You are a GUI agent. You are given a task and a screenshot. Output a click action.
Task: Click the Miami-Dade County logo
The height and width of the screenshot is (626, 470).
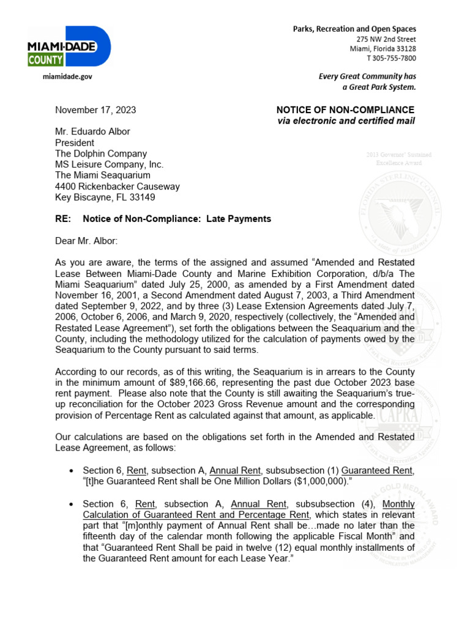click(69, 46)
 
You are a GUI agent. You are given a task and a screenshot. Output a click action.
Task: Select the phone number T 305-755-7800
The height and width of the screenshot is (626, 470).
click(391, 59)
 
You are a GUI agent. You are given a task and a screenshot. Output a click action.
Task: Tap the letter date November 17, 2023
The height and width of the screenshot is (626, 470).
click(95, 111)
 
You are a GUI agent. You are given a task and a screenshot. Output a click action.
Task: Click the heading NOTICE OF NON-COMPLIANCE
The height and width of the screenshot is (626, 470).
click(345, 110)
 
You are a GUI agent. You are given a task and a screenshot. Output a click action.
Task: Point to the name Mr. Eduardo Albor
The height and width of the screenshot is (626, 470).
click(92, 132)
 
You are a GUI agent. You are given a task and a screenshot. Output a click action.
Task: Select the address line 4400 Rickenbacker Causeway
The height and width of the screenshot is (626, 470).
click(117, 187)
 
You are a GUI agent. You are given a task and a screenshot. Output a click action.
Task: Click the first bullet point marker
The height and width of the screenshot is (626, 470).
click(72, 471)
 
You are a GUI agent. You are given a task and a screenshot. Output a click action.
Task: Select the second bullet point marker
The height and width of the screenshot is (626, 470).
click(72, 504)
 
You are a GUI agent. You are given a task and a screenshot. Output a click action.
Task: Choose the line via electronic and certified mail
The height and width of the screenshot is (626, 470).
click(346, 121)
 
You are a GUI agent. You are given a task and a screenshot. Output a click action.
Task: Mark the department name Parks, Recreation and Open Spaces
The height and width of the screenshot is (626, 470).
click(354, 29)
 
